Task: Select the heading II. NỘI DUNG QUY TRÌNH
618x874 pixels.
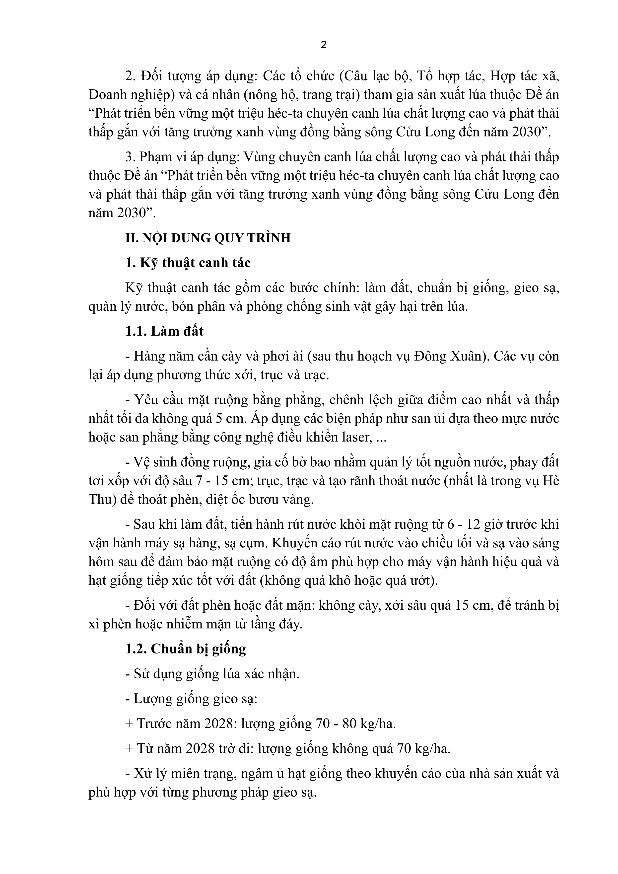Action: pyautogui.click(x=208, y=238)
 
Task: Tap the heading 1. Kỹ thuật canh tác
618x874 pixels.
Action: pyautogui.click(x=188, y=263)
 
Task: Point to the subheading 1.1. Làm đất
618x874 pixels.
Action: pyautogui.click(x=164, y=331)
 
